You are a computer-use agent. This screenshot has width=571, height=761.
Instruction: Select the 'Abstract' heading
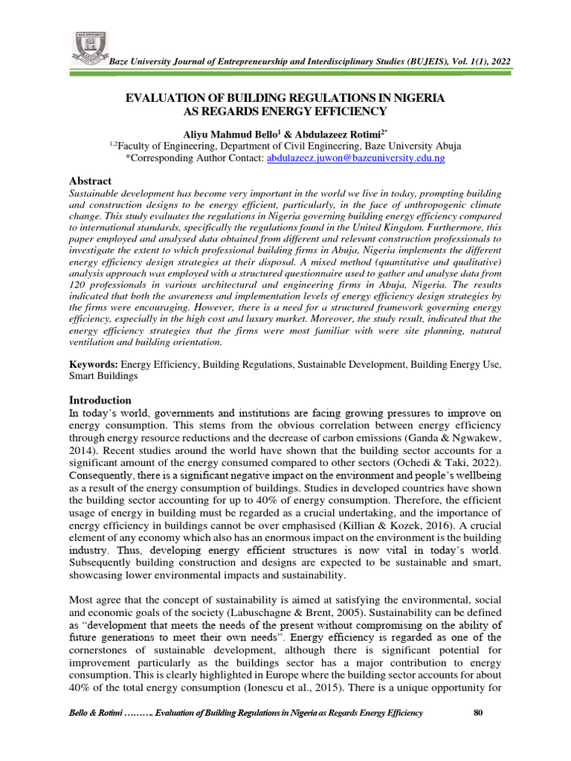pos(91,181)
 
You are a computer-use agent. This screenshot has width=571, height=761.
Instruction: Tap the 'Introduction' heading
pos(100,400)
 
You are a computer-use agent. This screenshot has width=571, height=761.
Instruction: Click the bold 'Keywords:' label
pos(94,365)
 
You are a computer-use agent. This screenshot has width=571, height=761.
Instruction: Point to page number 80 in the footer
pos(478,713)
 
